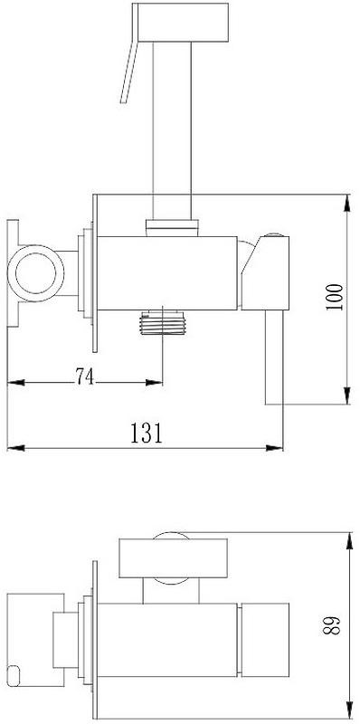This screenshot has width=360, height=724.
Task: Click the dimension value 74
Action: (x=85, y=376)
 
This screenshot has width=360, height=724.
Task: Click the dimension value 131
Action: (x=147, y=433)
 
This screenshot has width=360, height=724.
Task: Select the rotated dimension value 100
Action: (x=335, y=297)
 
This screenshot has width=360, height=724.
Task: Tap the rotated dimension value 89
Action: (x=333, y=624)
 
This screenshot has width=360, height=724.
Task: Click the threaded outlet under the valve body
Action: (x=163, y=323)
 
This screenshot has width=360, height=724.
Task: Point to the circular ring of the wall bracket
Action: (x=35, y=273)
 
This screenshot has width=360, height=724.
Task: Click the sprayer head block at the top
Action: (x=183, y=22)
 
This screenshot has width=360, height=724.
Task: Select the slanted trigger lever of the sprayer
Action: (x=129, y=70)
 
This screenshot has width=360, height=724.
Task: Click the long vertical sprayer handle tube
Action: (x=172, y=130)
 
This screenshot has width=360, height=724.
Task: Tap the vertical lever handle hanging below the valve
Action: (x=274, y=357)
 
